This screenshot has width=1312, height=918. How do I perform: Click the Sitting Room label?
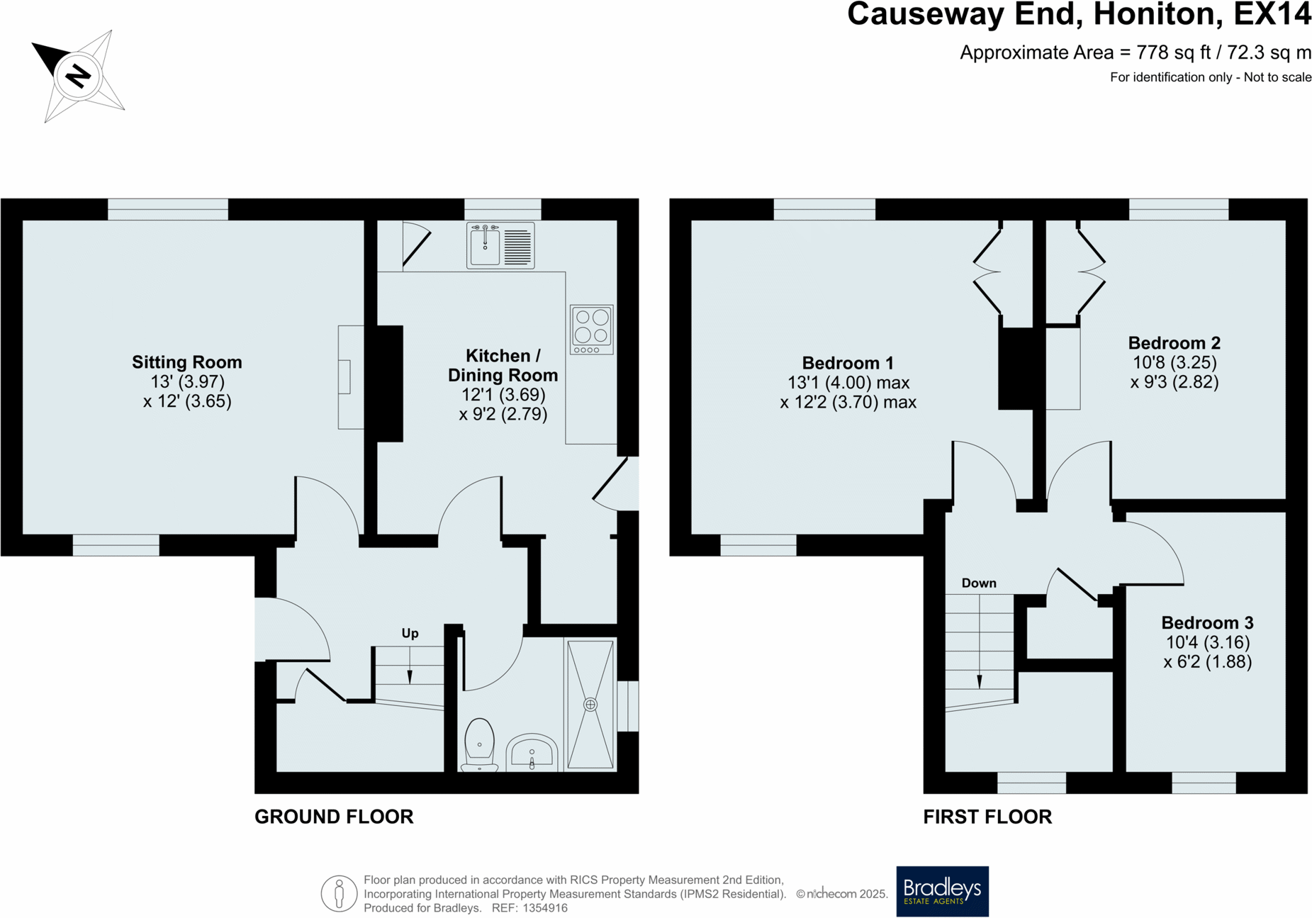point(186,362)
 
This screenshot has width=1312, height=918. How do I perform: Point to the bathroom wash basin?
point(532,754)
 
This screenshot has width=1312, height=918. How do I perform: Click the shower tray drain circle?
point(590,705)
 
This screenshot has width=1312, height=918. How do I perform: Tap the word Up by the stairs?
point(410,633)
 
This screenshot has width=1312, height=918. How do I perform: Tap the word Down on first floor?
point(978,583)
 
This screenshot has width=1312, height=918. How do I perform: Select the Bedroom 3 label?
point(1206,623)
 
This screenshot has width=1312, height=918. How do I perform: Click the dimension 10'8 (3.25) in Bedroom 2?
point(1174,363)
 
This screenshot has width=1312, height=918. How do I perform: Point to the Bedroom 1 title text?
point(847,363)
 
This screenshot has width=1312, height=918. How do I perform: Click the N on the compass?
point(78,75)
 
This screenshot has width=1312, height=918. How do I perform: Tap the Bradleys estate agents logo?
point(941,891)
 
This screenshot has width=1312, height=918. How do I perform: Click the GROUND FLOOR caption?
point(333,817)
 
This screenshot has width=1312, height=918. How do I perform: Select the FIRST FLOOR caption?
point(987,817)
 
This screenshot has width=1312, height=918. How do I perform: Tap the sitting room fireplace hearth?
point(350,376)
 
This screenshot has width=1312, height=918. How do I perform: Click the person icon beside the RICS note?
point(339,893)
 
